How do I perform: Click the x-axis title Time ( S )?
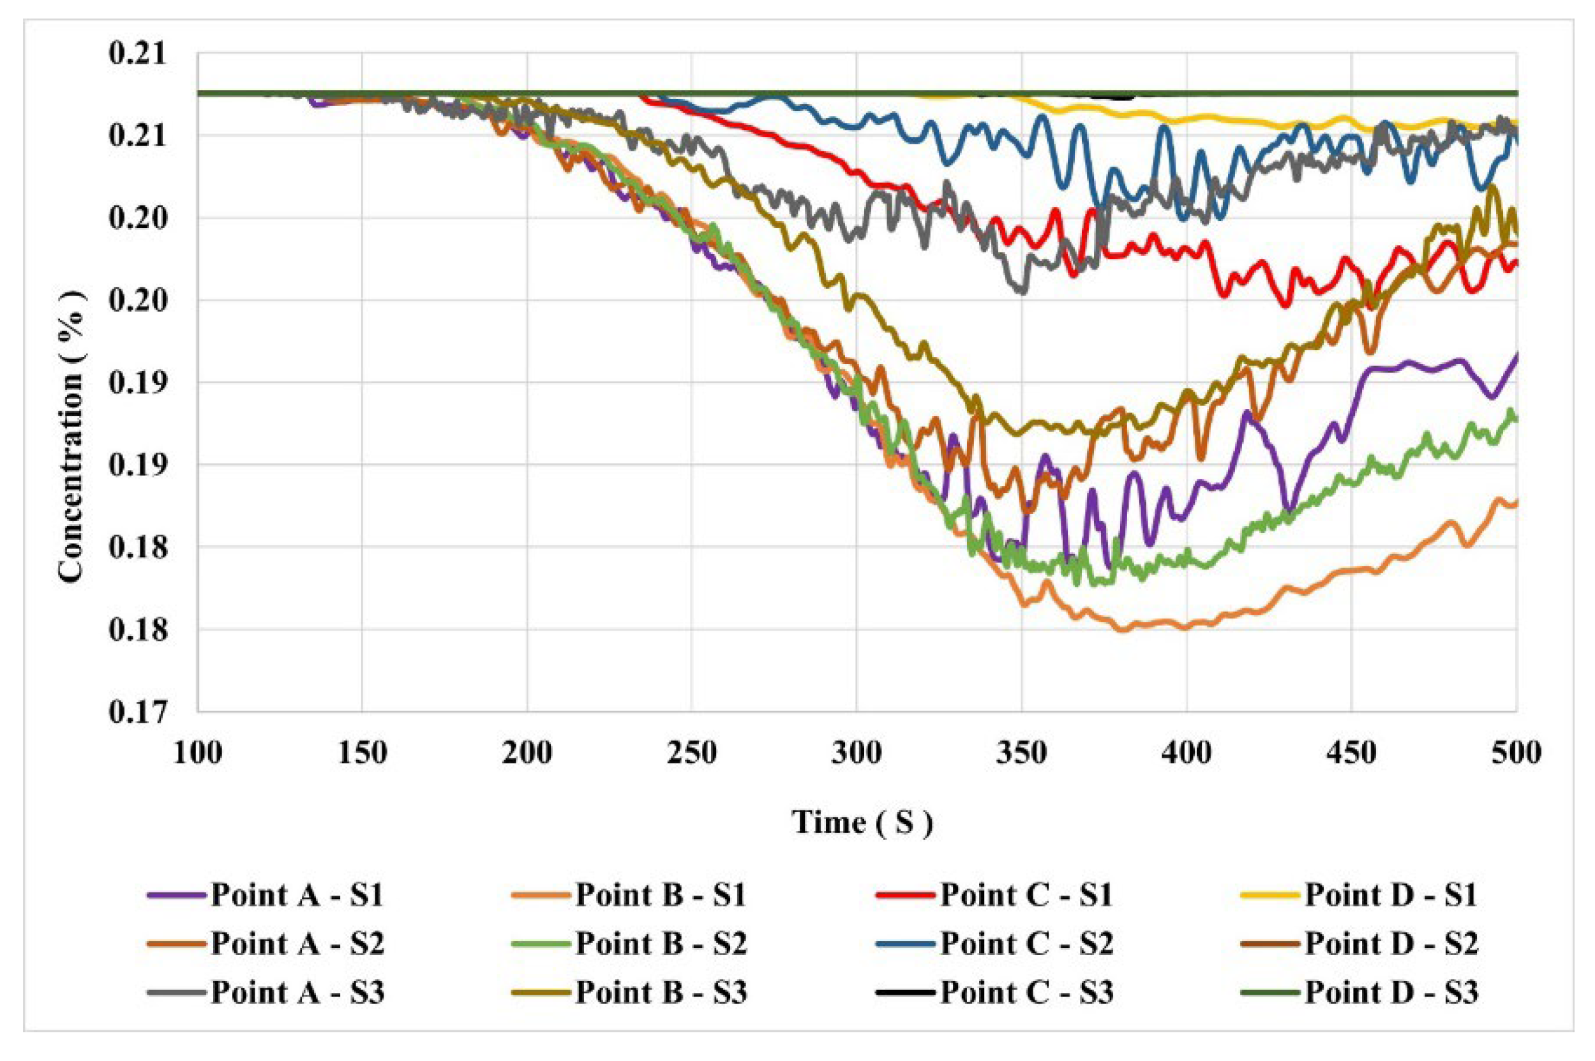tap(862, 823)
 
